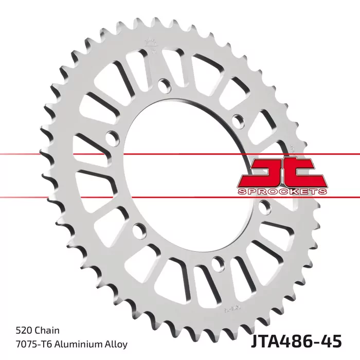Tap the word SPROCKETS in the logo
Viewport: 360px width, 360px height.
point(282,191)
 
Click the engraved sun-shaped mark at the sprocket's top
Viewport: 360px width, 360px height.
point(150,43)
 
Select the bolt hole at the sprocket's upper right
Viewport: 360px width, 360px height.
point(238,120)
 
